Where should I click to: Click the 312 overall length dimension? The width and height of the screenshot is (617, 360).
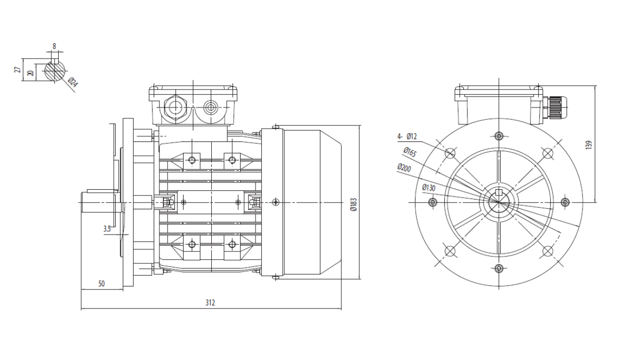210,303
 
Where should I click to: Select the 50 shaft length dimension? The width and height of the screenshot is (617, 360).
101,283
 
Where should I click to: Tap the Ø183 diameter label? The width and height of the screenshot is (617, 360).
353,204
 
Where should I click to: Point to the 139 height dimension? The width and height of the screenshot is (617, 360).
589,145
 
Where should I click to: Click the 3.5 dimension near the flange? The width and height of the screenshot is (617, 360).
107,229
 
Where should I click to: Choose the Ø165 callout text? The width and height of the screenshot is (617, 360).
410,152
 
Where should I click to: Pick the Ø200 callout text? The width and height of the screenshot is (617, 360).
404,168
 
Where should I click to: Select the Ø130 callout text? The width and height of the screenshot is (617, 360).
429,188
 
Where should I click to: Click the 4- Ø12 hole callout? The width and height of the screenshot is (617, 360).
407,136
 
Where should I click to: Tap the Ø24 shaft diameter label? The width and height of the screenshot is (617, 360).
72,83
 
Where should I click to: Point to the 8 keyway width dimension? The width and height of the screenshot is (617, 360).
55,46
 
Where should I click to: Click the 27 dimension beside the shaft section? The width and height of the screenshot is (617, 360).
17,69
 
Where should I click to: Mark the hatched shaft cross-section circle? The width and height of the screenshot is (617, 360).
55,71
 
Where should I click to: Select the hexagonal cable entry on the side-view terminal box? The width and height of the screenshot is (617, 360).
175,107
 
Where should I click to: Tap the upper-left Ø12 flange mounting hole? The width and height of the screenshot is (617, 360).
450,153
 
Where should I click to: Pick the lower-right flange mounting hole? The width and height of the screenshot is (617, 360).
548,251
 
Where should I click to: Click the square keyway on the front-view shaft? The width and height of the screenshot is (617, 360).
499,192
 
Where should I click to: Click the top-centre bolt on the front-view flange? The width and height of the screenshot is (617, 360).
499,136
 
